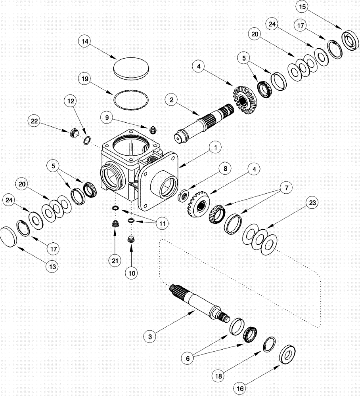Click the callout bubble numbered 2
[x=172, y=100]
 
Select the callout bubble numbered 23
[x=312, y=203]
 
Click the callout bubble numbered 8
[x=225, y=168]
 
